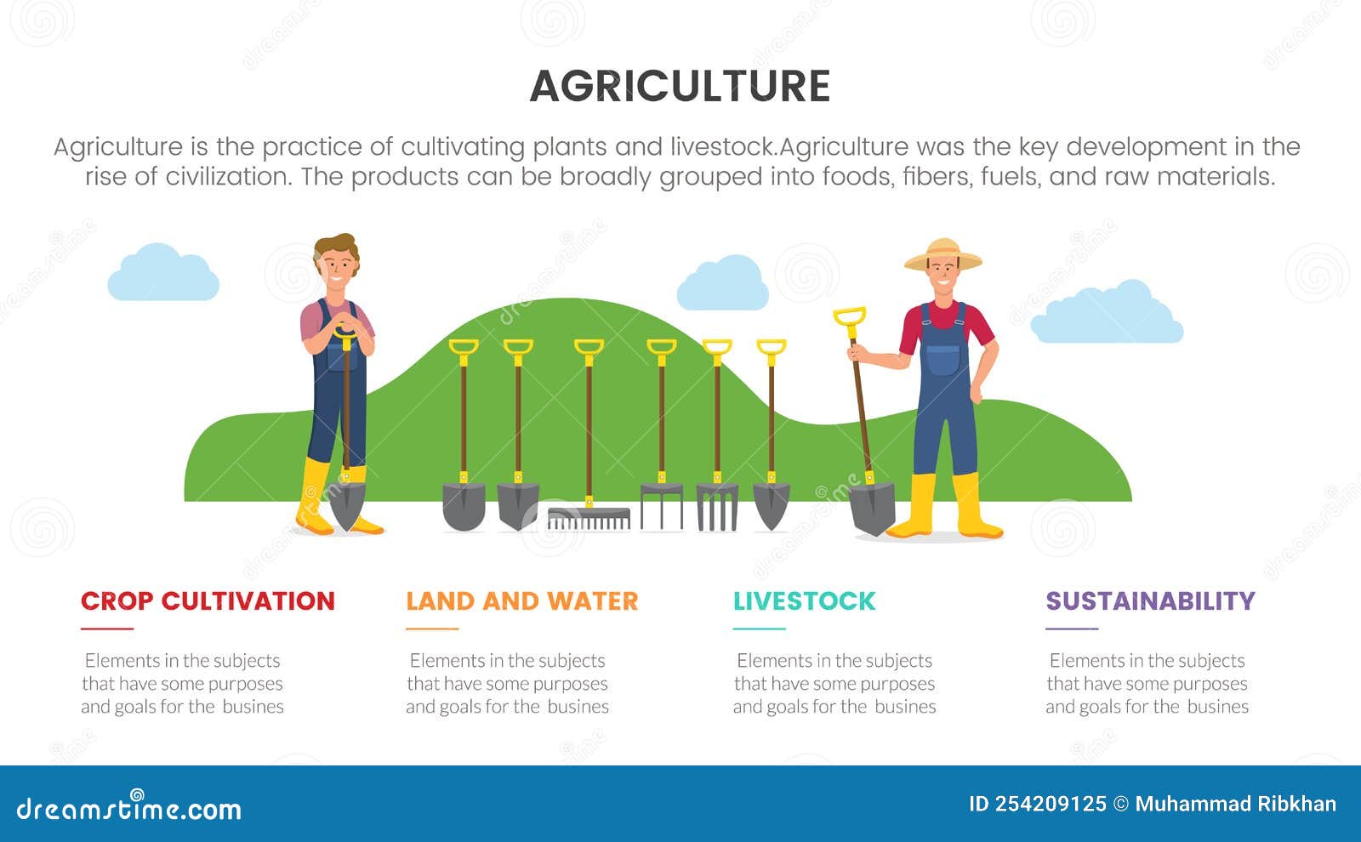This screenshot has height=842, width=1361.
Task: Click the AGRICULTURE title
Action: [680, 86]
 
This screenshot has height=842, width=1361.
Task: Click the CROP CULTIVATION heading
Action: [208, 600]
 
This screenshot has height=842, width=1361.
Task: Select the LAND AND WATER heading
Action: [521, 600]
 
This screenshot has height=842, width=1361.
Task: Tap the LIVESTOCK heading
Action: [804, 600]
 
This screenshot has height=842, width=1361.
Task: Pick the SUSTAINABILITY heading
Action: [1150, 600]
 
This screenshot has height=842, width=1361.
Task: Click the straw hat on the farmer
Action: [942, 254]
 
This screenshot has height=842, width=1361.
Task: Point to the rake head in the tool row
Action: [589, 518]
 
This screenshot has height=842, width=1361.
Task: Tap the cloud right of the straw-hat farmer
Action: [1106, 316]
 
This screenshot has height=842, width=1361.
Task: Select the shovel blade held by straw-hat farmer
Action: [873, 509]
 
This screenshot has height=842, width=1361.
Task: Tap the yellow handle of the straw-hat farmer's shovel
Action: [849, 317]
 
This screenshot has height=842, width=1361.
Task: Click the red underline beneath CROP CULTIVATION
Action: [107, 629]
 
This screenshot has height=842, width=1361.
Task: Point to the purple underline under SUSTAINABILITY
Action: [1072, 629]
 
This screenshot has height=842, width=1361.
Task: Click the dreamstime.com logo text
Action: [129, 808]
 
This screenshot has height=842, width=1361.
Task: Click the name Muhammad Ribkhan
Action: [1235, 804]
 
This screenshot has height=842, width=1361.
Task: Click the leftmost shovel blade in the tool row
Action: [464, 505]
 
